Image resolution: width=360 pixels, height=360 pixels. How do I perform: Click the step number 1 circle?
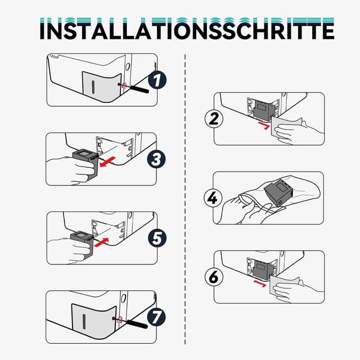pyautogui.click(x=157, y=80)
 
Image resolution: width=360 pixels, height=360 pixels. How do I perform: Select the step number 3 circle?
pyautogui.click(x=157, y=160)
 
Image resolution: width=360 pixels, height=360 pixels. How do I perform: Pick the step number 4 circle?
pyautogui.click(x=213, y=198)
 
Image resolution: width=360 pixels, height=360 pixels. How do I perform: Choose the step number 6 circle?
pyautogui.click(x=214, y=278)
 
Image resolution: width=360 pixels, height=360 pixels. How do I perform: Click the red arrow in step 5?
pyautogui.click(x=101, y=242)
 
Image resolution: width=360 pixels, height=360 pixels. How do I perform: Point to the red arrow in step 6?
pyautogui.click(x=260, y=282)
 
